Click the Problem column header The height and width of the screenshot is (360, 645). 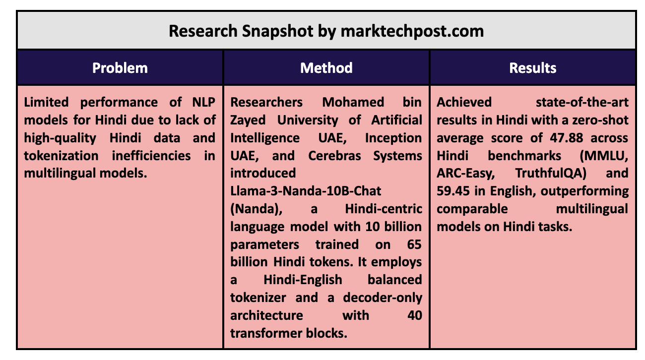pos(120,68)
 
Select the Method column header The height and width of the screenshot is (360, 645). pos(326,68)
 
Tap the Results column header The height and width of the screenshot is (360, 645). pos(533,68)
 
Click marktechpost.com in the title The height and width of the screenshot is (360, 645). pos(412,31)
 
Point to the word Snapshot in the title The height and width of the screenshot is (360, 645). pos(277,31)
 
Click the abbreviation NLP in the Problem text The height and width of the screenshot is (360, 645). pos(203,102)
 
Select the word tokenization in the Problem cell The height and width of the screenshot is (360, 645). pos(61,156)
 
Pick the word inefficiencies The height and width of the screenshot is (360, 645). pos(151,156)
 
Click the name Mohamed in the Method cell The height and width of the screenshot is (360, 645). pos(353,102)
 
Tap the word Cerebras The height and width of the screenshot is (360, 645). pos(334,156)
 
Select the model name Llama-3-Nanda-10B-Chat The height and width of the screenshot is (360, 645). pos(306,191)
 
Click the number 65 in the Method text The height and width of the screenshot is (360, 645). pos(414,244)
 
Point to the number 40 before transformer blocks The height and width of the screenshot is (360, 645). pos(415,316)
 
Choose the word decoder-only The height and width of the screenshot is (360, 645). pos(383,298)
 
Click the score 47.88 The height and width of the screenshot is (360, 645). pos(567,138)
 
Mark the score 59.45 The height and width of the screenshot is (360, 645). pos(453,191)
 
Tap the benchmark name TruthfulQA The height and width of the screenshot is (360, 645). pos(551,174)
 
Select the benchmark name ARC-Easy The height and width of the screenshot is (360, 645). pos(465,174)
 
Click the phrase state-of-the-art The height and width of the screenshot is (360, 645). pos(582,102)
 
